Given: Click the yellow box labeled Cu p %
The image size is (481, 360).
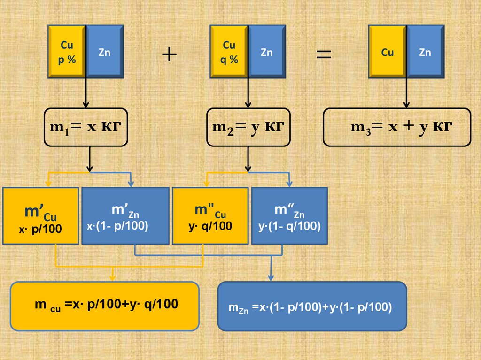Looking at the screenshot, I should pos(67,52).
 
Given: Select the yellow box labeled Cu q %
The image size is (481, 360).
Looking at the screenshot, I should pos(229,52).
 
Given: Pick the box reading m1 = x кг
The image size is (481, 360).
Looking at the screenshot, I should pos(86,127).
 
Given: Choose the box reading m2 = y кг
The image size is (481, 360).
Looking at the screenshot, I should pos(248,127).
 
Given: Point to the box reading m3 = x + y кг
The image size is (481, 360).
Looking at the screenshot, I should pos(397,127).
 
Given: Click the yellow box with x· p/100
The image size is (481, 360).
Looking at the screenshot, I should pos(40,216).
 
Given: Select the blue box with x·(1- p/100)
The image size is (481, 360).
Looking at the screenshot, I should pos(125,216).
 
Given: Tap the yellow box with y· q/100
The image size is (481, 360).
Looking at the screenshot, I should pos(210,216).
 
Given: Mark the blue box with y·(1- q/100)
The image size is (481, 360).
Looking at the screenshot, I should pos(289,216).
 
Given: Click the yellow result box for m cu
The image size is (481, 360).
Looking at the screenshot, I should pos(105,306).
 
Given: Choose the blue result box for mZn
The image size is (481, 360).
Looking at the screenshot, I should pos(312,306).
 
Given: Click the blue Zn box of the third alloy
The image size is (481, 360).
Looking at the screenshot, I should pos(425,52).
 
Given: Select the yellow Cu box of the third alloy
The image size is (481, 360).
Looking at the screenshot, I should pos(388,52).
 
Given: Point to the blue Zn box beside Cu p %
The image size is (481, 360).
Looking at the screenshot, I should pos(104,52).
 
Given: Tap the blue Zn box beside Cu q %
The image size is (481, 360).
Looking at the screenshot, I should pos(267,52).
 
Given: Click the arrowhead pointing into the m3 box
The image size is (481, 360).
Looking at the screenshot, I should pos(407,105).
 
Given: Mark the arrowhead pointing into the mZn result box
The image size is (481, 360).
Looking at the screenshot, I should pos(271,278).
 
